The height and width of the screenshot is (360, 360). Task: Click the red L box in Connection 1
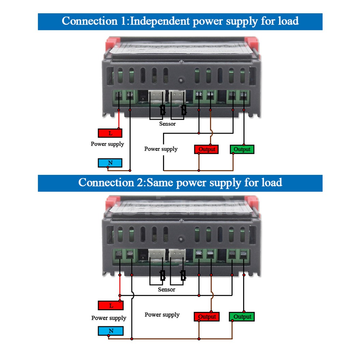pos(110,133)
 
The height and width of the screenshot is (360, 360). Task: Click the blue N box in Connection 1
pos(110,163)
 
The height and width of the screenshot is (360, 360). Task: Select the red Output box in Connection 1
pos(207,149)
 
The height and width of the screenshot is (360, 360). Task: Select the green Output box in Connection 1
pos(242,149)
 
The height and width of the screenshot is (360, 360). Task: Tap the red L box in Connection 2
pos(110,305)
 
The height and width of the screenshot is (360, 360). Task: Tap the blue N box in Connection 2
pos(110,331)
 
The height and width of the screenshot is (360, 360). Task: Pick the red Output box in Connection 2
pos(207,317)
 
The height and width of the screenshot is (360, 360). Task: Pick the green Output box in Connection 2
pos(242,317)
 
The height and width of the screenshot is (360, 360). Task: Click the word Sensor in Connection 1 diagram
pos(167,124)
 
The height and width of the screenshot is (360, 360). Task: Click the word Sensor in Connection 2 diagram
pos(166,289)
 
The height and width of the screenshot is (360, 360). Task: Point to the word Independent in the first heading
pos(160,21)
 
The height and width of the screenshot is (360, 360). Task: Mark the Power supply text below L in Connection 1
pos(107,144)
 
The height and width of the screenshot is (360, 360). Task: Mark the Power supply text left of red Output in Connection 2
pos(162,315)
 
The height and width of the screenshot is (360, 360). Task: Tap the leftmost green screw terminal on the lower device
pos(118,255)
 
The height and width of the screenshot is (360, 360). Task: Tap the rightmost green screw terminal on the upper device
pos(243,95)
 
